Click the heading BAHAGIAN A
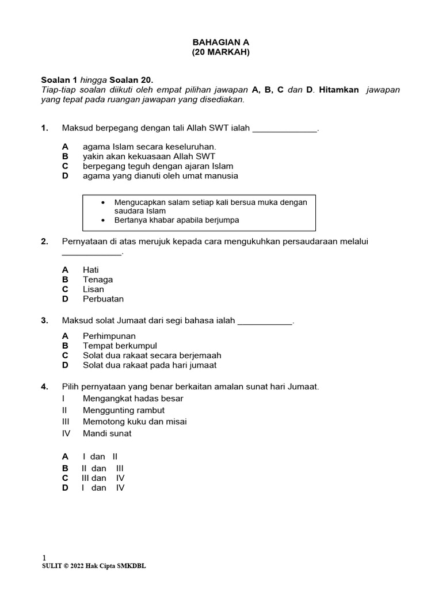[220, 42]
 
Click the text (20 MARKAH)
[220, 52]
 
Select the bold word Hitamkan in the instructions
[339, 90]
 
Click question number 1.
[44, 128]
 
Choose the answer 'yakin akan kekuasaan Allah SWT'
[149, 156]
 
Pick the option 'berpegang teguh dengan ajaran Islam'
[158, 166]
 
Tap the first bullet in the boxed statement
[103, 202]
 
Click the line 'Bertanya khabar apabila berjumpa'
[176, 220]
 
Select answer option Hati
[91, 269]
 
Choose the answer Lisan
[93, 289]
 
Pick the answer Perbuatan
[103, 299]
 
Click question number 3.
[44, 320]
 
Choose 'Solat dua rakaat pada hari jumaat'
[150, 365]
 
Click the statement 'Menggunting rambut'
[123, 410]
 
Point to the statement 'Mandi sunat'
[107, 433]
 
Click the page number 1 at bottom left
[44, 557]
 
